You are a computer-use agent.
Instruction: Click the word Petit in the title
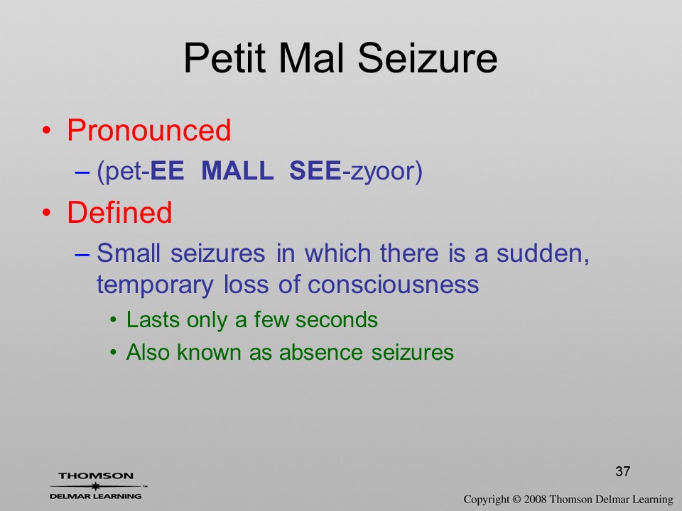(x=224, y=57)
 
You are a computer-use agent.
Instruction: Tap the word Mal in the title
(x=313, y=57)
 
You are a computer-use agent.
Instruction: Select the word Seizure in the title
(x=428, y=57)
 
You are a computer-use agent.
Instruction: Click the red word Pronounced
(x=148, y=130)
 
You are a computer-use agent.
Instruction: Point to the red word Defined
(x=119, y=212)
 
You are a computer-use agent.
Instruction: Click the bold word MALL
(x=237, y=170)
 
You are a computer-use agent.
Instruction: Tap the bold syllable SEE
(x=315, y=170)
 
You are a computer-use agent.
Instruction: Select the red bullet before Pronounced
(x=47, y=131)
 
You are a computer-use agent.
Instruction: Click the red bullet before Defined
(x=47, y=212)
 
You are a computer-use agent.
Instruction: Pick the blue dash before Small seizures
(x=82, y=254)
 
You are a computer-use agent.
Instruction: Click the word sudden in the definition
(x=543, y=253)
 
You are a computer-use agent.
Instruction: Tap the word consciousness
(x=393, y=285)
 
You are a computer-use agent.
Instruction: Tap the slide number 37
(x=623, y=471)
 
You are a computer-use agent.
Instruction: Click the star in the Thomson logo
(x=96, y=485)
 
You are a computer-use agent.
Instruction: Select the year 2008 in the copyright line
(x=536, y=499)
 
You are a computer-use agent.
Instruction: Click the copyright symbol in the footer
(x=516, y=499)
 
